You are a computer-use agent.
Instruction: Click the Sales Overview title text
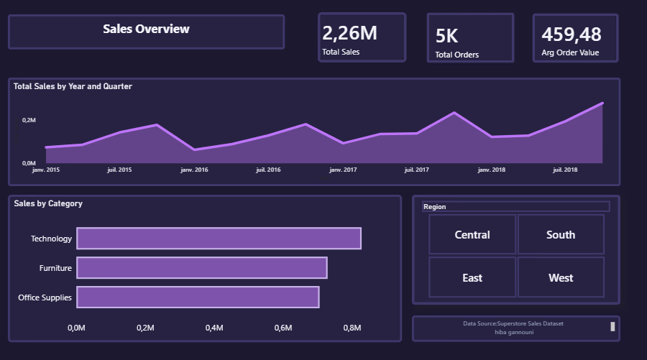pos(146,29)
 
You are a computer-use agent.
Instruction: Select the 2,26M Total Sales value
pos(349,33)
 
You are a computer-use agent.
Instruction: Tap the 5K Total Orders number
pos(446,36)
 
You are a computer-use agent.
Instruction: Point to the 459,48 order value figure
pos(571,34)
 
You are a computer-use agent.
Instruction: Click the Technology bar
pos(219,239)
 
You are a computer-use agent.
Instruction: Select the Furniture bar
pos(202,267)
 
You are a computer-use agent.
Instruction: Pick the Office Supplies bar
pos(198,297)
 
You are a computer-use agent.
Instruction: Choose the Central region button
pos(472,234)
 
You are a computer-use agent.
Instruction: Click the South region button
pos(561,234)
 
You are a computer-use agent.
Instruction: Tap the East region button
pos(472,277)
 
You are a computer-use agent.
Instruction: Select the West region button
pos(561,277)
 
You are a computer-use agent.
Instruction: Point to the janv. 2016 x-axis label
pos(194,170)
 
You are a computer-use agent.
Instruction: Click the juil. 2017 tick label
pos(417,170)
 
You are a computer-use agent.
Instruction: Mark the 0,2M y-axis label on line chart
pos(29,120)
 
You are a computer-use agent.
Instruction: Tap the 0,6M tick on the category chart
pos(283,328)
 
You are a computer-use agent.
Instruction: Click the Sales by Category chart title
pos(48,203)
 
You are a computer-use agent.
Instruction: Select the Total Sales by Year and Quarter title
pos(73,86)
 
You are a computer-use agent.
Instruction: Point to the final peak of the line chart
pos(602,103)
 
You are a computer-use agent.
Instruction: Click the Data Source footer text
pos(513,323)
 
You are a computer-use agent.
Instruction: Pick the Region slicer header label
pos(434,207)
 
